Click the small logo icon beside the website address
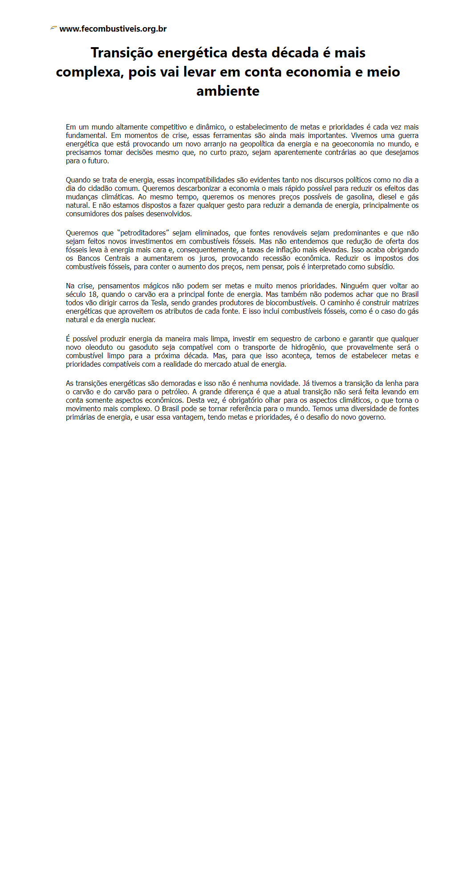(x=53, y=28)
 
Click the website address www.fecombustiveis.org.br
(x=113, y=29)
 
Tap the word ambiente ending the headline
(x=228, y=91)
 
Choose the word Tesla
(x=159, y=303)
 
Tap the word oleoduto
(x=99, y=348)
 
